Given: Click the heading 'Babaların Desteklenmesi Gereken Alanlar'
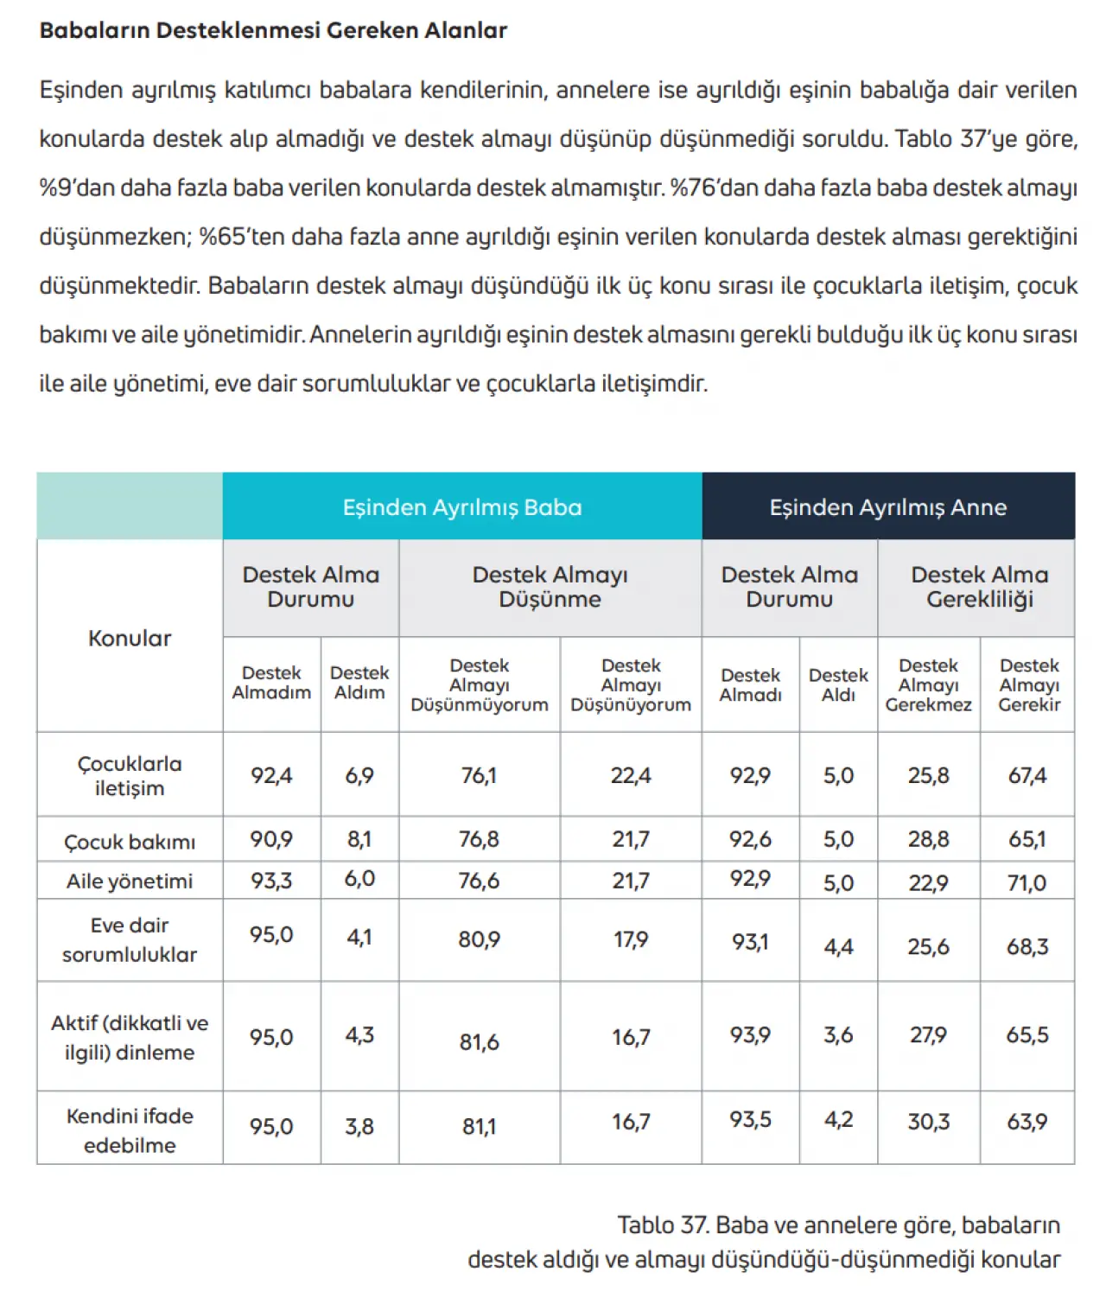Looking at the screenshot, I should [273, 30].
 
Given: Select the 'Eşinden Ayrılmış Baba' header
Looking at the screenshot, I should [462, 507].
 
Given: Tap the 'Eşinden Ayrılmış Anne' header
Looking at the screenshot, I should [888, 507].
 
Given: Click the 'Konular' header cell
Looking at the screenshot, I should [130, 639].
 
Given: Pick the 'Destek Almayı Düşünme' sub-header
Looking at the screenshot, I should [550, 587].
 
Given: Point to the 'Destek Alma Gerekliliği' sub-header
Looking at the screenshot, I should [979, 587].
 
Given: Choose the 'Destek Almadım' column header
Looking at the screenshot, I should [271, 683].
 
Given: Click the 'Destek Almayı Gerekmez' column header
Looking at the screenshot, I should [928, 685].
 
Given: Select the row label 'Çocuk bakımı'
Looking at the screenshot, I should [130, 842].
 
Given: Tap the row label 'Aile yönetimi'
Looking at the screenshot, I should [130, 881].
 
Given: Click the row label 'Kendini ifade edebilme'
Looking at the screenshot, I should [130, 1130].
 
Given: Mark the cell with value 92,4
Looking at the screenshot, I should [271, 775].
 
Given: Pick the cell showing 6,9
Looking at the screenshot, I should [359, 775].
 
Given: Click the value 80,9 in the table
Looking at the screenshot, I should [480, 939].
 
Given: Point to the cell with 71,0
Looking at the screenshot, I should [1027, 882].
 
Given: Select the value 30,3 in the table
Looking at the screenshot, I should [928, 1122].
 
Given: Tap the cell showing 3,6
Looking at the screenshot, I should [838, 1035].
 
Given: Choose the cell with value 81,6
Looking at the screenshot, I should [480, 1042].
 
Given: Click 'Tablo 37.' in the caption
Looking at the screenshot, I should [663, 1225].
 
